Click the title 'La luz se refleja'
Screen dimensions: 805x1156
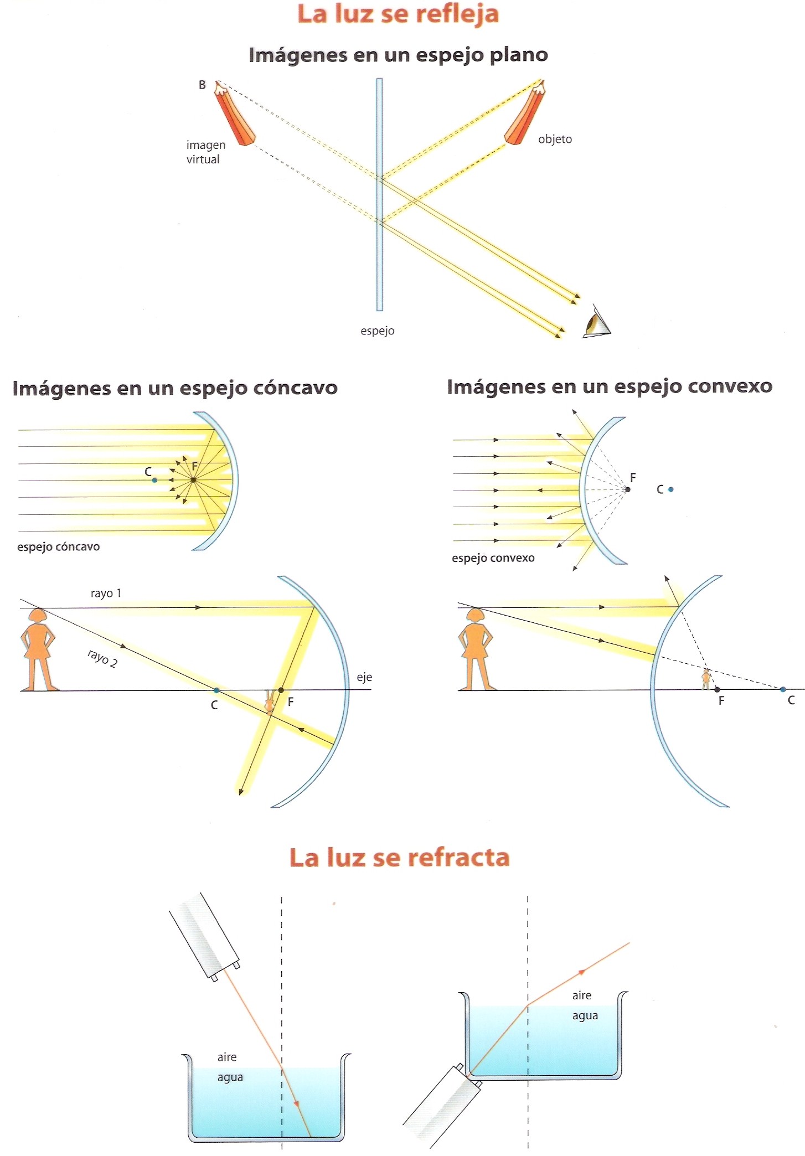[x=398, y=14]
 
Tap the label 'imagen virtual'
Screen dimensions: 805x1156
[x=205, y=152]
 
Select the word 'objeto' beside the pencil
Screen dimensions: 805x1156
[x=555, y=140]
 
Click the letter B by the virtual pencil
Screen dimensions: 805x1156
[x=202, y=85]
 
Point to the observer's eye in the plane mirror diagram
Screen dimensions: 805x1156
[x=596, y=322]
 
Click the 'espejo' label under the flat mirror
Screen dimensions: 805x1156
[x=377, y=331]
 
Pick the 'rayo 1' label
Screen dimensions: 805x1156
[x=106, y=594]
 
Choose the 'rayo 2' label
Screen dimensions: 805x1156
[x=102, y=659]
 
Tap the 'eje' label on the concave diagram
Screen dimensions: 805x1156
[x=364, y=678]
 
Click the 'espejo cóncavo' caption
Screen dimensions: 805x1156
[x=58, y=547]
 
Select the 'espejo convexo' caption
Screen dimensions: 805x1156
[x=493, y=558]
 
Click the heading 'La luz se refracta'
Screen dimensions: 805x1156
[x=399, y=858]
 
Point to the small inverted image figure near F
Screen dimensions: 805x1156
[x=270, y=702]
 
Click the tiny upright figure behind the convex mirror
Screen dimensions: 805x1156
[x=706, y=679]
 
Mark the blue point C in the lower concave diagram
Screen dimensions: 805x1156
[x=216, y=690]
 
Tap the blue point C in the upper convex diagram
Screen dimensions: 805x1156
[x=671, y=489]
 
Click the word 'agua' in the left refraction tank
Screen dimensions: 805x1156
[x=230, y=1077]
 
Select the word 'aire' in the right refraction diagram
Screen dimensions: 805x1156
[x=582, y=995]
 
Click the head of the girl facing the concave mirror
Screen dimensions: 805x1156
[x=38, y=616]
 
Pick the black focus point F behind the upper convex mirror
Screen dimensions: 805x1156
[x=627, y=489]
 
